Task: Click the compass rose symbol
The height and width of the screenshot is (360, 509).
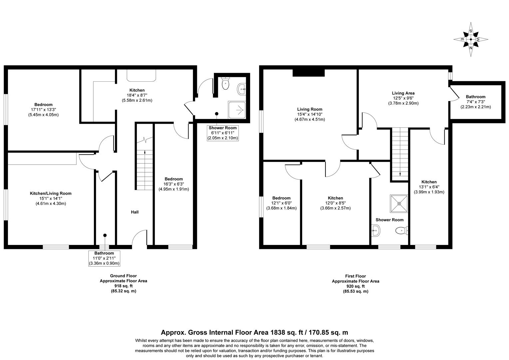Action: coord(471,39)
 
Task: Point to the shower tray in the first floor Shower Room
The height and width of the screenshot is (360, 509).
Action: coord(399,203)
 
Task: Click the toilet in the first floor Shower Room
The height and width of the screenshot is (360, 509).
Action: coord(401,230)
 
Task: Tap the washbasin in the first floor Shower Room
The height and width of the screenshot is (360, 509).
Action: coord(375,230)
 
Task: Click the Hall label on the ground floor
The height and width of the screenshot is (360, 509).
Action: coord(135,212)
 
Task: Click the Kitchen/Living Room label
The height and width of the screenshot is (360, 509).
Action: coord(51,193)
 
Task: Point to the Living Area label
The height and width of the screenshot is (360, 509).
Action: coord(403,93)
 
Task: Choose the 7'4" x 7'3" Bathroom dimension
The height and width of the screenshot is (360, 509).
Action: coord(475,102)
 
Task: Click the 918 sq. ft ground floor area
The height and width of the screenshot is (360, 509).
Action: coord(123,286)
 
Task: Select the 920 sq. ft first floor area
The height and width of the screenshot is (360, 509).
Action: coord(355,286)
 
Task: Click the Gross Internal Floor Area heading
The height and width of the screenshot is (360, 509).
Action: coord(254,332)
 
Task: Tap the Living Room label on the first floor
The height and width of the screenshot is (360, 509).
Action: coord(310,109)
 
